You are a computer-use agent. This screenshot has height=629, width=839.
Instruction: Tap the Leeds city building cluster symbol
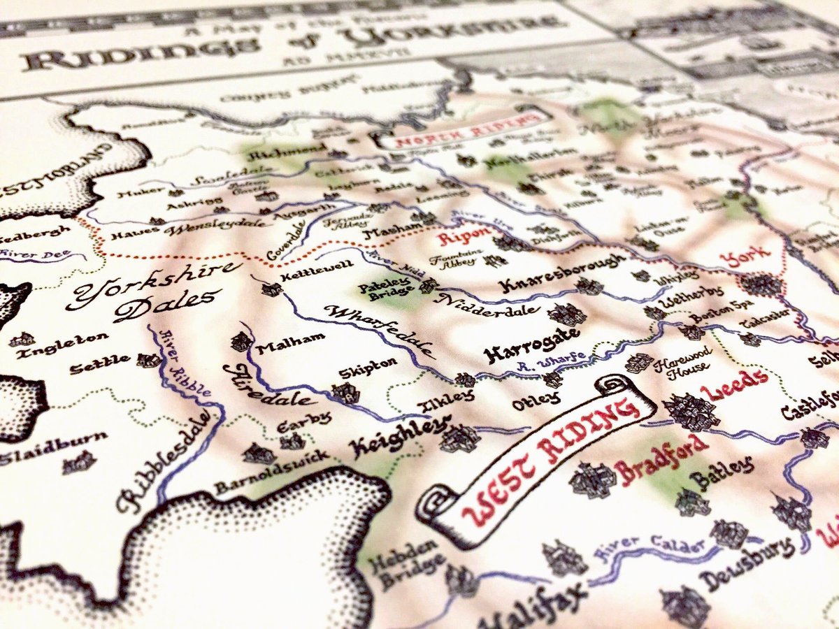click(x=691, y=411)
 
